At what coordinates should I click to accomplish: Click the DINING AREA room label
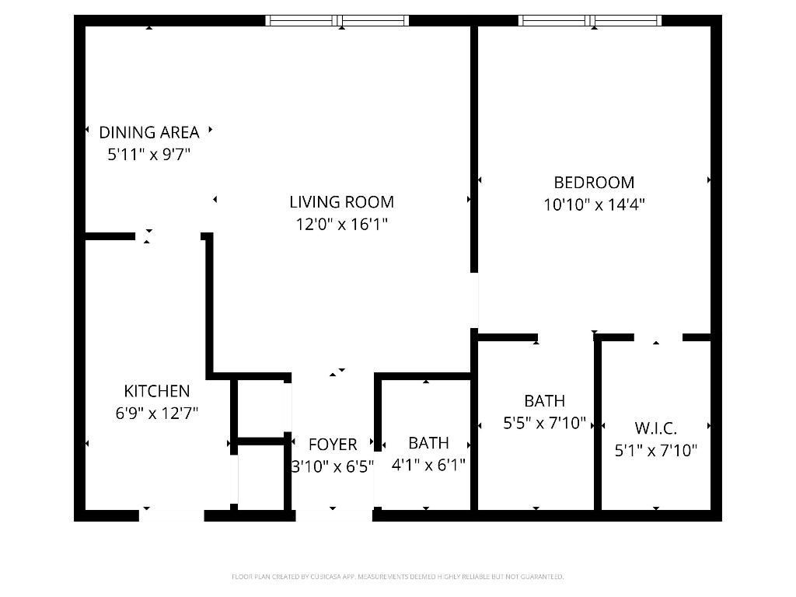click(148, 132)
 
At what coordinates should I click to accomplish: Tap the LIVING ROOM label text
click(341, 202)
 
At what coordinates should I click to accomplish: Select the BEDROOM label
click(594, 183)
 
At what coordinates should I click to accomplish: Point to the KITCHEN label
click(156, 391)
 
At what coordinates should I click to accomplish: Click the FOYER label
click(333, 445)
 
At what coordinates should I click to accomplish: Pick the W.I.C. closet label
click(655, 428)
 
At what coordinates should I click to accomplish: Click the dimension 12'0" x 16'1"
click(341, 225)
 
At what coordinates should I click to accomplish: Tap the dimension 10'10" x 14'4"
click(594, 205)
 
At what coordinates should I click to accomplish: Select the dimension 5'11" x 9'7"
click(148, 155)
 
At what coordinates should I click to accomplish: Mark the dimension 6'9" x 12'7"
click(156, 414)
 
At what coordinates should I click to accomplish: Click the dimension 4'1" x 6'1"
click(428, 466)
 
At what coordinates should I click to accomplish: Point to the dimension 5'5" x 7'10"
click(544, 424)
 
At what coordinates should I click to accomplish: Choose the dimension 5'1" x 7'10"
click(655, 450)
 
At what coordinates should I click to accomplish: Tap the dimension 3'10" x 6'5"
click(333, 467)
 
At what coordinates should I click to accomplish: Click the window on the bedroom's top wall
click(590, 21)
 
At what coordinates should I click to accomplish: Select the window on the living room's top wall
click(337, 21)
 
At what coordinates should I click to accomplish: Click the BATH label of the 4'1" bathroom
click(428, 443)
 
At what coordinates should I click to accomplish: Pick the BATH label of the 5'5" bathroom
click(544, 401)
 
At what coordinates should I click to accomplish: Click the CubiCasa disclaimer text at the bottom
click(397, 577)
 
